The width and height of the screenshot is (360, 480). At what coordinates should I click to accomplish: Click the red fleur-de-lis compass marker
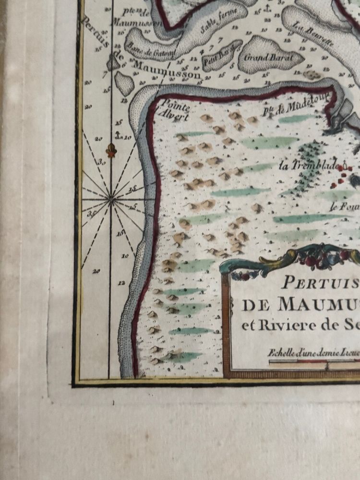point(112,150)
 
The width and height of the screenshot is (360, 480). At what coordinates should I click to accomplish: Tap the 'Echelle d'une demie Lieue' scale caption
point(312,353)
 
